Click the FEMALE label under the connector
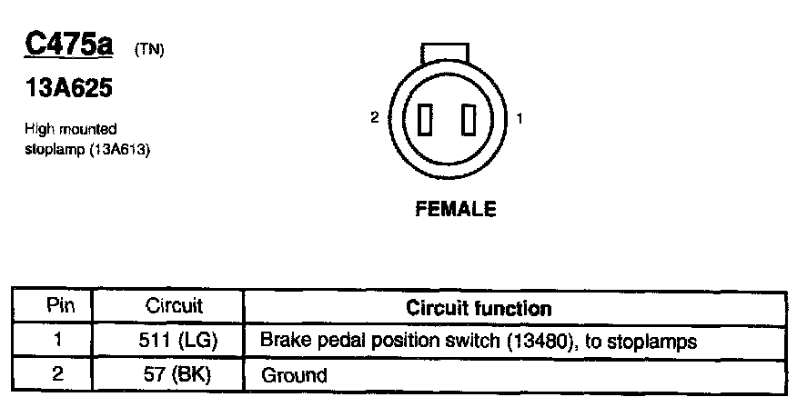click(x=455, y=209)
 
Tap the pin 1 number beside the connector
click(x=519, y=118)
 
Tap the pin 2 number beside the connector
click(x=374, y=118)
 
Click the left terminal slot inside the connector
click(x=425, y=120)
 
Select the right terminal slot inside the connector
click(x=469, y=120)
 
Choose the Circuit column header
click(x=174, y=307)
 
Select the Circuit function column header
click(x=478, y=308)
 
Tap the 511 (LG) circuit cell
click(x=174, y=341)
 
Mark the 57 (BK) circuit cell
click(x=174, y=372)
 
